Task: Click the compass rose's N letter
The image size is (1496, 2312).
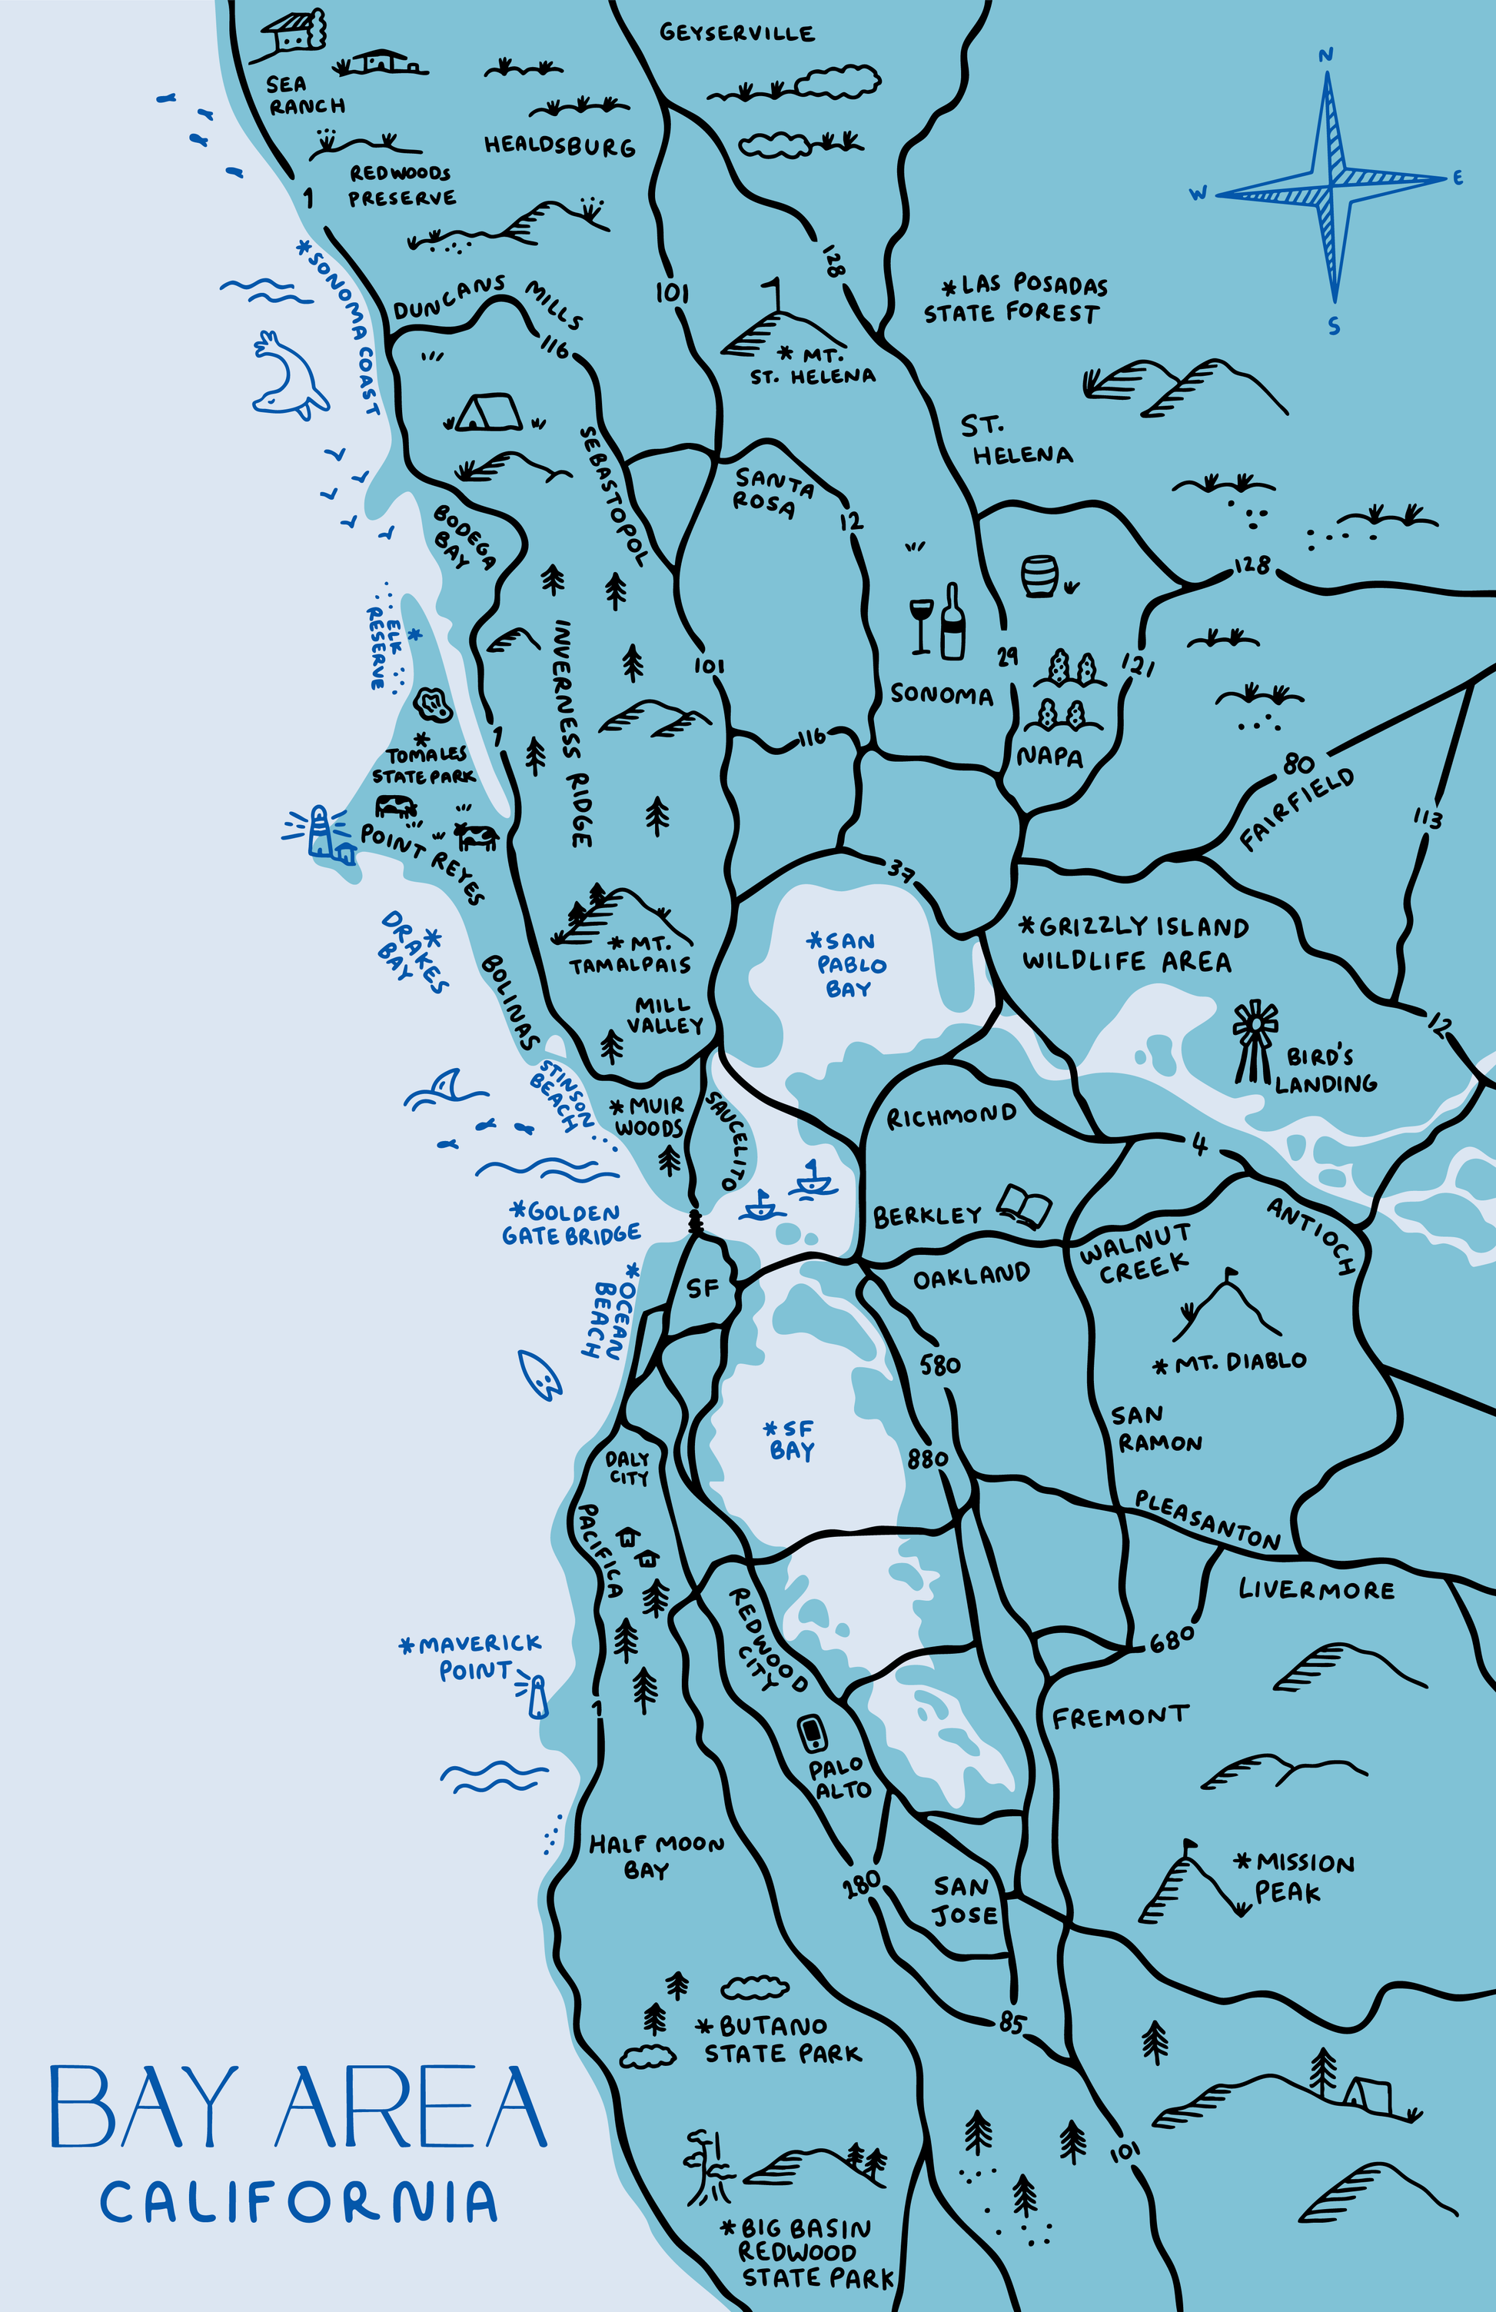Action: (x=1325, y=55)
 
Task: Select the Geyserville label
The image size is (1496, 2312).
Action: (x=736, y=32)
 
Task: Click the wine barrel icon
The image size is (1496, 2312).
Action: (x=1039, y=576)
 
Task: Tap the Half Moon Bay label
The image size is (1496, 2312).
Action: (x=656, y=1856)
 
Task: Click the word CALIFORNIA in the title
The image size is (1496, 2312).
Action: (x=298, y=2202)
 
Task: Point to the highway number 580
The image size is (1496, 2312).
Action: (x=939, y=1365)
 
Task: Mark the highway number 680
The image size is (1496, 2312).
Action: (x=1172, y=1641)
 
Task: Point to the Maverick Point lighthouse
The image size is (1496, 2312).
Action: (x=537, y=1695)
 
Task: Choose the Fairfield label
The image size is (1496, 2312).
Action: (x=1297, y=808)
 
